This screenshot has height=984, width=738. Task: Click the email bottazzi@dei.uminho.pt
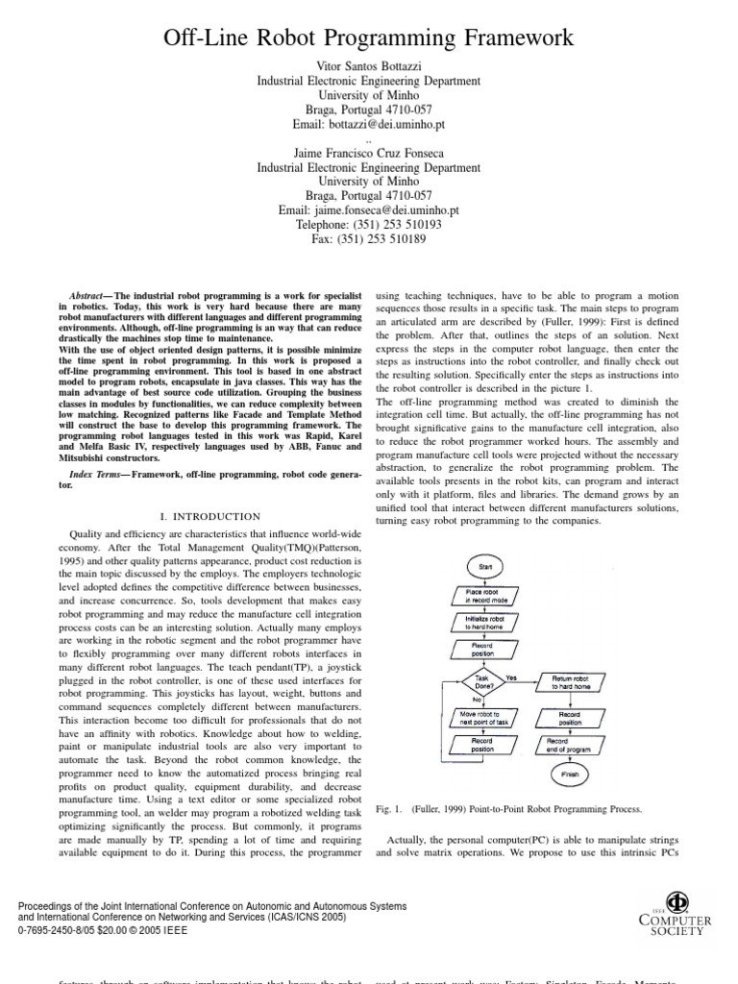pos(368,125)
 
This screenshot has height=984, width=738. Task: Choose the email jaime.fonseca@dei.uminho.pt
pos(368,209)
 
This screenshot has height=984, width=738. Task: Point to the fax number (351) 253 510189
pos(368,238)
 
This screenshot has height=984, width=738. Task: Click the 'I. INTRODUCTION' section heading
pos(209,516)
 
